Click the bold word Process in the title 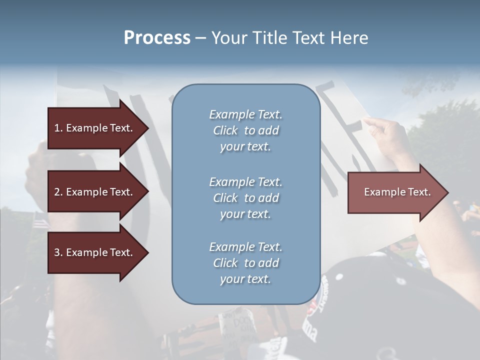click(157, 38)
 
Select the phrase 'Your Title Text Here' click(290, 38)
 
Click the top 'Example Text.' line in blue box click(245, 114)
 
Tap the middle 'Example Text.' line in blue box click(245, 181)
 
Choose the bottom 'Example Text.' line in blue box click(245, 247)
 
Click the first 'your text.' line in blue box click(245, 147)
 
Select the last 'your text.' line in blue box click(245, 279)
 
